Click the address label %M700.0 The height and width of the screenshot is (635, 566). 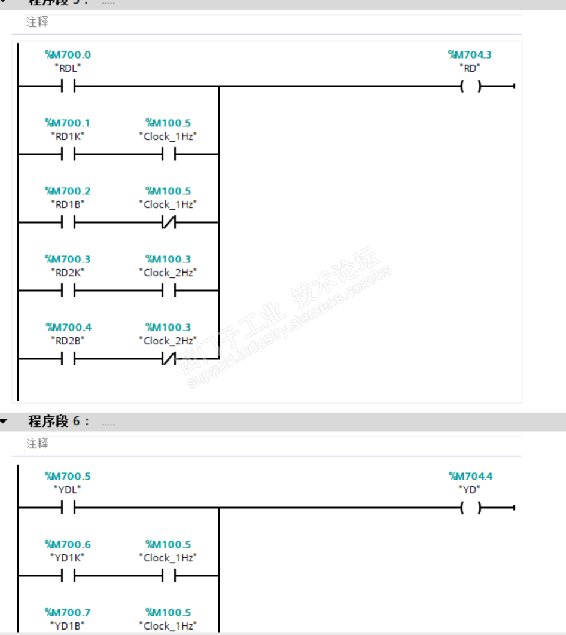coord(68,55)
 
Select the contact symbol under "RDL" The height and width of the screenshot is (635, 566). coord(68,87)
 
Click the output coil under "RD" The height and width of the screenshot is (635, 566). coord(470,87)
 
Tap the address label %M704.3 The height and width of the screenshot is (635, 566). coord(470,55)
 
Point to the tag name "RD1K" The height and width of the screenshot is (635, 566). coord(68,136)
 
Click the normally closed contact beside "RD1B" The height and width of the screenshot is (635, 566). coord(168,223)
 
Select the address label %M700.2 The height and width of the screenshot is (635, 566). coord(68,191)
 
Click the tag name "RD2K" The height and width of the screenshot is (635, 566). coord(68,273)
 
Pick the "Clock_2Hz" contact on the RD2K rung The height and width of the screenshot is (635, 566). coord(168,291)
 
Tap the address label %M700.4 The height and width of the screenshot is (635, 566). coord(68,328)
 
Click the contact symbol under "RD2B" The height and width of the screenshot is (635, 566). coord(68,359)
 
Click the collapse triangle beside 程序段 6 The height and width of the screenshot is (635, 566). coord(4,422)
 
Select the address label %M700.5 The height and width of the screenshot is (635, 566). coord(68,477)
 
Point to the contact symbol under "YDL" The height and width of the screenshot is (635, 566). coord(68,508)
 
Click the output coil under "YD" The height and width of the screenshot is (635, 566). coord(470,508)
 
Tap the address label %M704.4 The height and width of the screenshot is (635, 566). coord(470,477)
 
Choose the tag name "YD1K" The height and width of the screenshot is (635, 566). coord(68,558)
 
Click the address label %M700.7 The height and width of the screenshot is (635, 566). coord(68,613)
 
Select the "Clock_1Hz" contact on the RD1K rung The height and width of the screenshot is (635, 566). coord(168,155)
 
